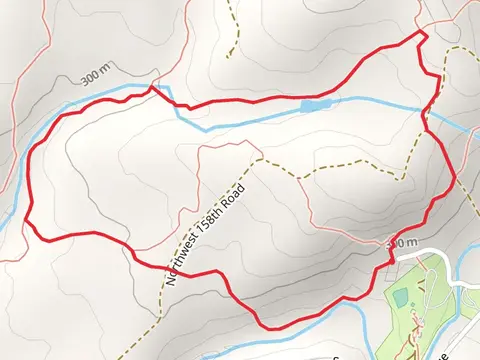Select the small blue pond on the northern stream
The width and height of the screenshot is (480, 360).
point(313,104)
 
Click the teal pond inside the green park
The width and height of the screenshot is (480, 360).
point(401,298)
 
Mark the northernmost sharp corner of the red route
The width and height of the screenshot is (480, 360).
point(421,34)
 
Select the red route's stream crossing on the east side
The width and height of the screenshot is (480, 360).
point(427,118)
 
